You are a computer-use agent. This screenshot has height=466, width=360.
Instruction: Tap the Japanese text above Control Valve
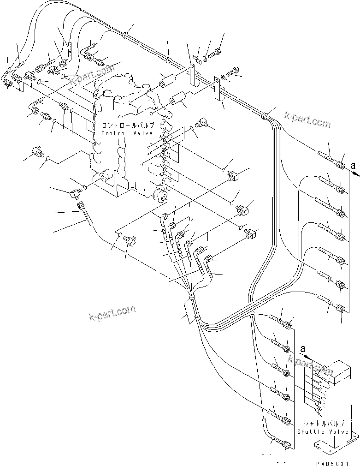click(x=127, y=125)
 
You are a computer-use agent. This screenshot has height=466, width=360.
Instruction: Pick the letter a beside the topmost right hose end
click(x=353, y=165)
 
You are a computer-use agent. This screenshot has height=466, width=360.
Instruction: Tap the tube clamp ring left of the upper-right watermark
click(x=266, y=116)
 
